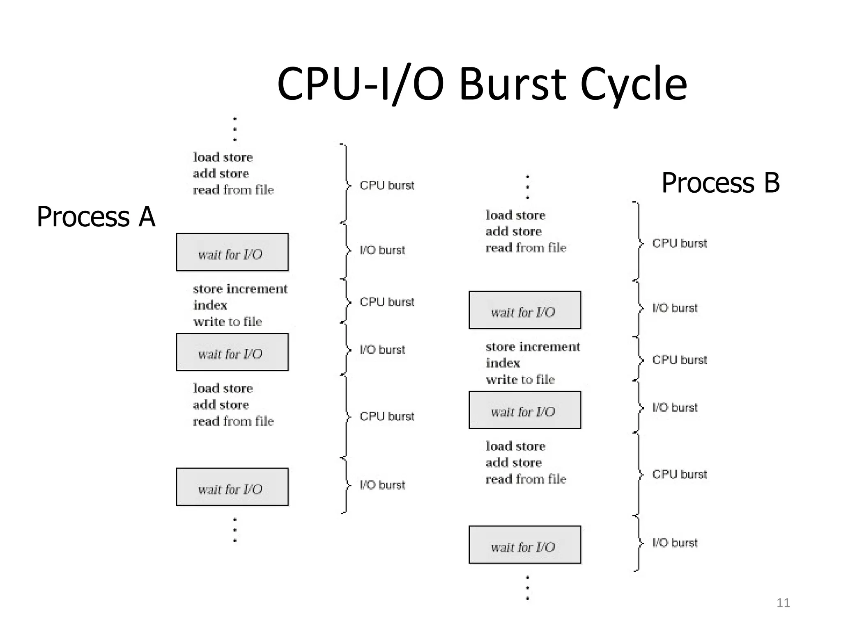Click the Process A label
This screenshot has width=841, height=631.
tap(96, 216)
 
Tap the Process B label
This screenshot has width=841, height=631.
tap(720, 182)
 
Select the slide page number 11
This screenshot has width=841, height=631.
tap(783, 603)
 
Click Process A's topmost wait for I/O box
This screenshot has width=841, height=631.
tap(232, 252)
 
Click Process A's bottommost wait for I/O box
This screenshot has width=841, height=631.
tap(232, 487)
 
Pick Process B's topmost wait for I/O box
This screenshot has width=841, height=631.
tap(524, 310)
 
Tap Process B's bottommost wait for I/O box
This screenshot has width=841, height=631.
tap(524, 545)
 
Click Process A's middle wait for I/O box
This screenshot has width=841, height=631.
tap(232, 352)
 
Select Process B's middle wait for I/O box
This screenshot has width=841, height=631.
tap(524, 410)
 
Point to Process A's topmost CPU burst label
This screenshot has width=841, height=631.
tap(387, 185)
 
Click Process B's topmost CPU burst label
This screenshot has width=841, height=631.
tap(679, 243)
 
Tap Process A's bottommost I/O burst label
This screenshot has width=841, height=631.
tap(382, 485)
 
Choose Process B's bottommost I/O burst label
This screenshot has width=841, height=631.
tap(675, 543)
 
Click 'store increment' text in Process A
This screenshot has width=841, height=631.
tap(240, 289)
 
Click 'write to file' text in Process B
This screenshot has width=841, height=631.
tap(520, 379)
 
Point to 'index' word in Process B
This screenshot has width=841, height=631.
tap(503, 363)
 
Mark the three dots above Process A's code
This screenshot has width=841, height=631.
tap(235, 129)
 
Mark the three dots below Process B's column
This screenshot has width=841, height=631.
tap(528, 588)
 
